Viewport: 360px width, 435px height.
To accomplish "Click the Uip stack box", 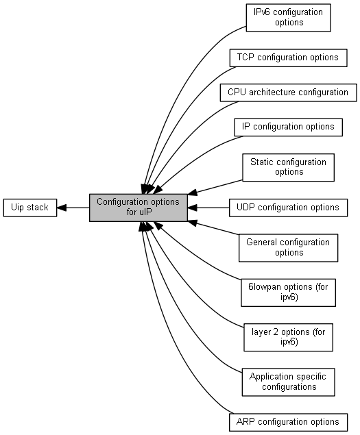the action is point(30,208).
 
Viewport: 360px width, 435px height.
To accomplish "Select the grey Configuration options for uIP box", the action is point(139,208).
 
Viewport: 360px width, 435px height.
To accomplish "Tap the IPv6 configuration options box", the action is point(288,18).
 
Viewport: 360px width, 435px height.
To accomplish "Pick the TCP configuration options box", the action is point(288,58).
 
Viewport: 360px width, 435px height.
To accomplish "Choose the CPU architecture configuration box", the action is point(288,92).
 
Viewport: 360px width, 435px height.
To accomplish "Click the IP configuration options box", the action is point(288,127).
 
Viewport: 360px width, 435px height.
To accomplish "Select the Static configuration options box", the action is point(288,168).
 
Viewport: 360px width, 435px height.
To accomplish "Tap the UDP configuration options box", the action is point(288,208).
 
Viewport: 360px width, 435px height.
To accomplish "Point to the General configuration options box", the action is point(288,248).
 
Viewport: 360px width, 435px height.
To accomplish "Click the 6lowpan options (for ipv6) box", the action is point(288,293).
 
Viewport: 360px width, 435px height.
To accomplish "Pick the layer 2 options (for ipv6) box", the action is point(288,337).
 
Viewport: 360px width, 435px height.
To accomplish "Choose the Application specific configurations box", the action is point(288,382).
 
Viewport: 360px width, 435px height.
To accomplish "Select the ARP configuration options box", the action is point(288,422).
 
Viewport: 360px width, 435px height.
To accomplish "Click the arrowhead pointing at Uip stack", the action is point(62,208).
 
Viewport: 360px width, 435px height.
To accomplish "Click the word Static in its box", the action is point(263,162).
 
